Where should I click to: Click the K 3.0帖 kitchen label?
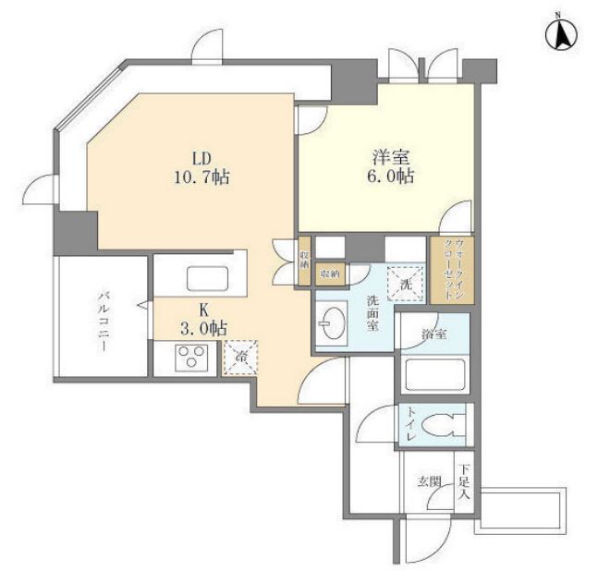203,318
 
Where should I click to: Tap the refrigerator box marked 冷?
240,357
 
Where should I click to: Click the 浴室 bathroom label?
434,334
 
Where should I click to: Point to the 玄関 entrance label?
428,481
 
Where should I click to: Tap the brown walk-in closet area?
449,271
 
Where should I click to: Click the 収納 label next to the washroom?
329,273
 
